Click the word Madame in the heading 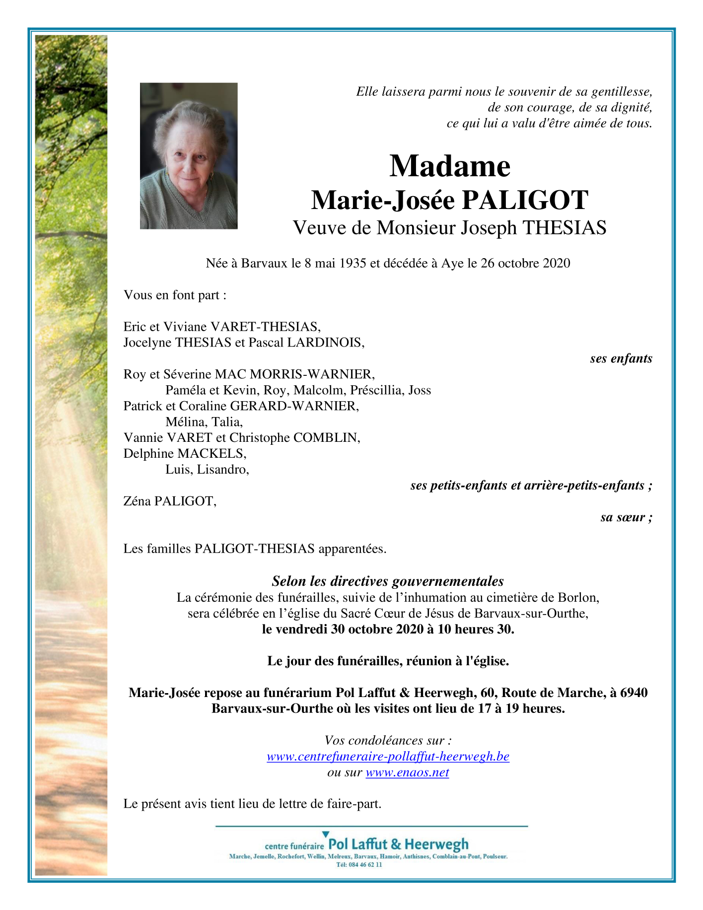[x=450, y=166]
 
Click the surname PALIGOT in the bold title [x=525, y=200]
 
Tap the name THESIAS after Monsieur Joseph [x=564, y=228]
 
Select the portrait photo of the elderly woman [x=189, y=156]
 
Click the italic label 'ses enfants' [x=621, y=358]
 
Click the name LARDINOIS [x=326, y=343]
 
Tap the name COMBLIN [x=326, y=437]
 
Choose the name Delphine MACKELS [x=185, y=453]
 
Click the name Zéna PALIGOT [x=170, y=501]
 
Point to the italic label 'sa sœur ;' [x=626, y=517]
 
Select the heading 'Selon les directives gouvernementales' [x=388, y=581]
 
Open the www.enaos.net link [x=407, y=772]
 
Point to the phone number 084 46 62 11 [x=364, y=864]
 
